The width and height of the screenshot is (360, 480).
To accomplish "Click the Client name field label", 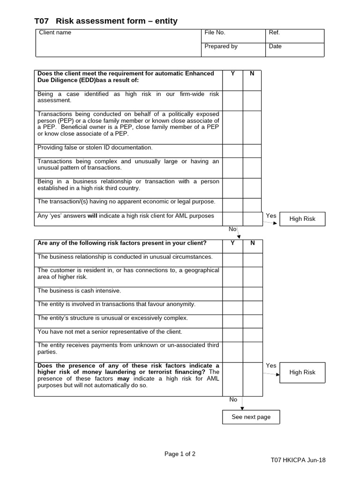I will pyautogui.click(x=55, y=33).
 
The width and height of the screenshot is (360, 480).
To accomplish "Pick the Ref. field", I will pyautogui.click(x=295, y=36).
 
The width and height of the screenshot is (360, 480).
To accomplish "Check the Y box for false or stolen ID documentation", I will pyautogui.click(x=232, y=150).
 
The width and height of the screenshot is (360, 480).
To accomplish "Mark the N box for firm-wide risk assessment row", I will pyautogui.click(x=252, y=100).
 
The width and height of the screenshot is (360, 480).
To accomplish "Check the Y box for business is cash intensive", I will pyautogui.click(x=232, y=293).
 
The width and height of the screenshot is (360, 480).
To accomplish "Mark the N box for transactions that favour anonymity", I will pyautogui.click(x=253, y=307).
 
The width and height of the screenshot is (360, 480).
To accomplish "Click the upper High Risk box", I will pyautogui.click(x=302, y=219).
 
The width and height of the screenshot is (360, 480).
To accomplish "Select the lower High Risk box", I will pyautogui.click(x=302, y=372).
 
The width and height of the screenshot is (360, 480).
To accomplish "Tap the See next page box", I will pyautogui.click(x=251, y=417).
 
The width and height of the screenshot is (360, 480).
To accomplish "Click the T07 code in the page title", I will pyautogui.click(x=42, y=21).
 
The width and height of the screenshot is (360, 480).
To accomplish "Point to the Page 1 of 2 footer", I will pyautogui.click(x=180, y=454).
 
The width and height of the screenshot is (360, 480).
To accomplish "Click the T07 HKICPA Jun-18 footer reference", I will pyautogui.click(x=298, y=460).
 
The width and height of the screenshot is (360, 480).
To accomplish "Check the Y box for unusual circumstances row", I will pyautogui.click(x=232, y=260).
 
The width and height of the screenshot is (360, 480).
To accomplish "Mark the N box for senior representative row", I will pyautogui.click(x=253, y=335).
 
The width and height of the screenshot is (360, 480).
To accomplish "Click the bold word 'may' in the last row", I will pyautogui.click(x=123, y=379).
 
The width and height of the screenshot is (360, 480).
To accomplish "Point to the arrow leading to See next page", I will pyautogui.click(x=242, y=405).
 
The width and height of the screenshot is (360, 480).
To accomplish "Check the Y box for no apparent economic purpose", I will pyautogui.click(x=232, y=205).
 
